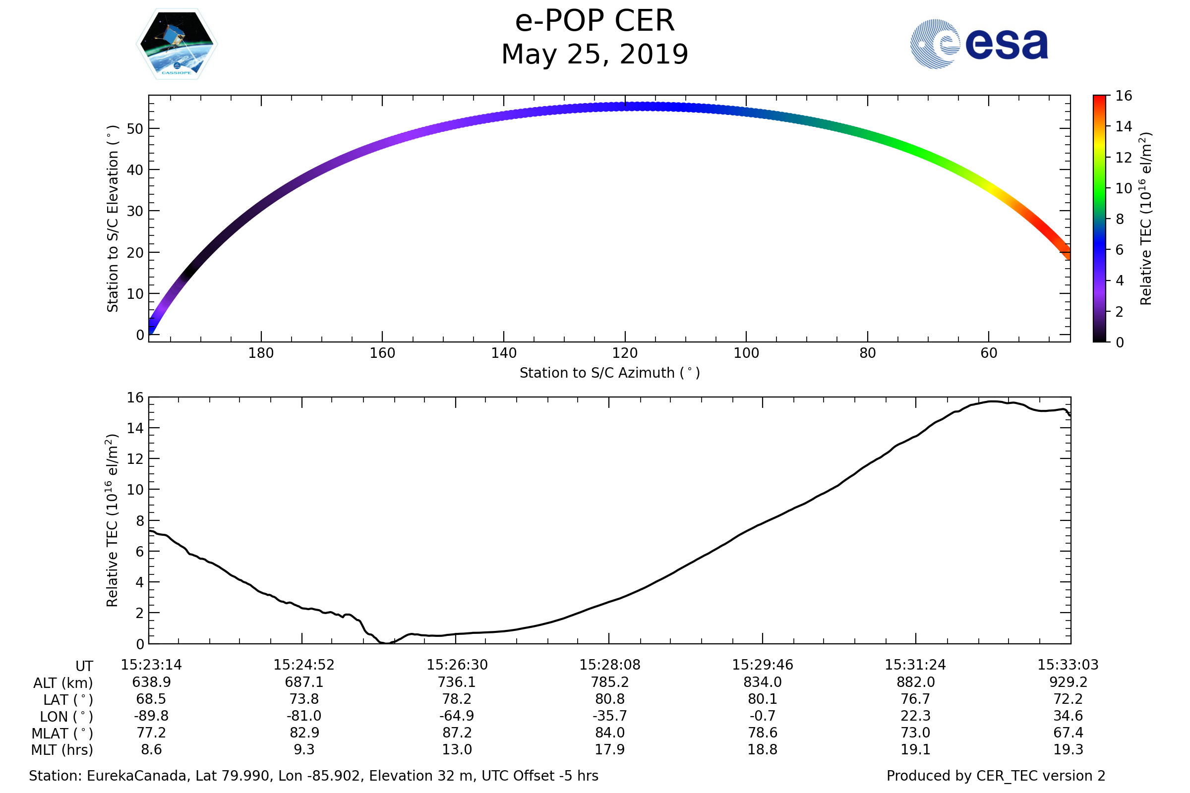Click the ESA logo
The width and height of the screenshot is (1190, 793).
tap(978, 44)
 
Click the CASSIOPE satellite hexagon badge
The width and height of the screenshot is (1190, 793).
tap(177, 44)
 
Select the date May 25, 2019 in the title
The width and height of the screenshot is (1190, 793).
tap(595, 55)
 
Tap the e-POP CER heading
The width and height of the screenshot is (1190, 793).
tap(595, 21)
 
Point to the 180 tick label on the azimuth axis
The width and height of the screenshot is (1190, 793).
tap(261, 353)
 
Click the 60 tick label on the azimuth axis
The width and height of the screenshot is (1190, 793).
tap(989, 353)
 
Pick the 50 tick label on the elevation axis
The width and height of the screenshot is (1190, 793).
tap(135, 129)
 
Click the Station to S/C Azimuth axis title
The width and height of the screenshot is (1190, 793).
tap(610, 373)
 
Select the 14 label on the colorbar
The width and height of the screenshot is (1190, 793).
tap(1123, 126)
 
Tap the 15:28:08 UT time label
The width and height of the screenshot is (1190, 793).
tap(610, 665)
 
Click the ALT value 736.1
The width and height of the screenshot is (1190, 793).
tap(457, 682)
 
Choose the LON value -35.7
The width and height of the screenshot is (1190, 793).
tap(610, 716)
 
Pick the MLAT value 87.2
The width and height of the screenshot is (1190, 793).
tap(457, 733)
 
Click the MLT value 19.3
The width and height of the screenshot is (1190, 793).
tap(1068, 749)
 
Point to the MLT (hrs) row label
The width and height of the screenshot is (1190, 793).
tap(62, 750)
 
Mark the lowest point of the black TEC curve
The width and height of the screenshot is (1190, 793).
tap(386, 643)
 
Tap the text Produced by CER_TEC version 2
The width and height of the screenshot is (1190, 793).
tap(996, 776)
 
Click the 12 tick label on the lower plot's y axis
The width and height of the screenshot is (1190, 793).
tap(135, 459)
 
